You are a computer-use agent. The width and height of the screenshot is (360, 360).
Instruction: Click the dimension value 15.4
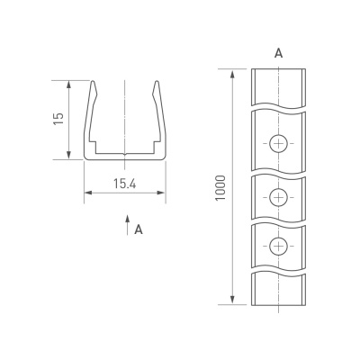pyautogui.click(x=124, y=184)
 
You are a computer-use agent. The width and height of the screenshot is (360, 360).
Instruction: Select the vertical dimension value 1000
pyautogui.click(x=221, y=186)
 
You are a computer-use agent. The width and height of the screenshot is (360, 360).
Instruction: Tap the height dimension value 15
pyautogui.click(x=58, y=120)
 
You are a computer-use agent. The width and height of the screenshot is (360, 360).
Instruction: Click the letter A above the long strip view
pyautogui.click(x=279, y=54)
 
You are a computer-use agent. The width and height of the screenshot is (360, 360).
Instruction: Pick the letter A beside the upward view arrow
pyautogui.click(x=139, y=230)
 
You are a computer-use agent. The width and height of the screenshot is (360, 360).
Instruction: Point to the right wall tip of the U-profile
pyautogui.click(x=158, y=85)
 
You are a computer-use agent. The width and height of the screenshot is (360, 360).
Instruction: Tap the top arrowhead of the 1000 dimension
pyautogui.click(x=233, y=72)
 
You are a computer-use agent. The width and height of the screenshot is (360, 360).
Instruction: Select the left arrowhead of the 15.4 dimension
pyautogui.click(x=87, y=193)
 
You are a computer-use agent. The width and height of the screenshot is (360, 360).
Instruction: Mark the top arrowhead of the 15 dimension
pyautogui.click(x=69, y=84)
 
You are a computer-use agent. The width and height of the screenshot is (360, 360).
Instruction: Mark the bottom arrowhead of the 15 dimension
pyautogui.click(x=69, y=157)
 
